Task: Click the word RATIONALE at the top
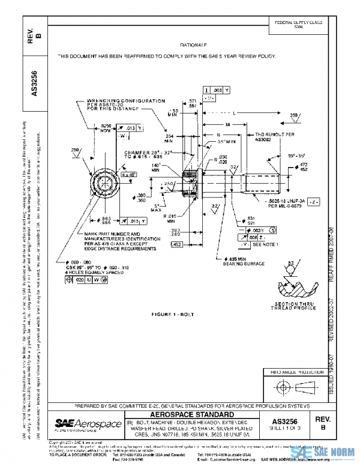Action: tap(193, 45)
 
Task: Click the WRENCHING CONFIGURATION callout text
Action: tap(118, 104)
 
